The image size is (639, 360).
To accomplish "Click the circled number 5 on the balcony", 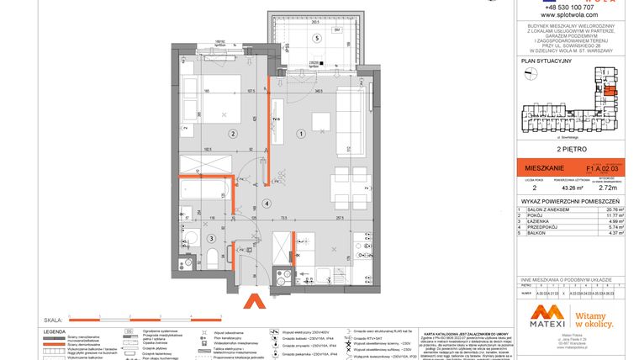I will (317, 39).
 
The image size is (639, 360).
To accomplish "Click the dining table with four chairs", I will (341, 179).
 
